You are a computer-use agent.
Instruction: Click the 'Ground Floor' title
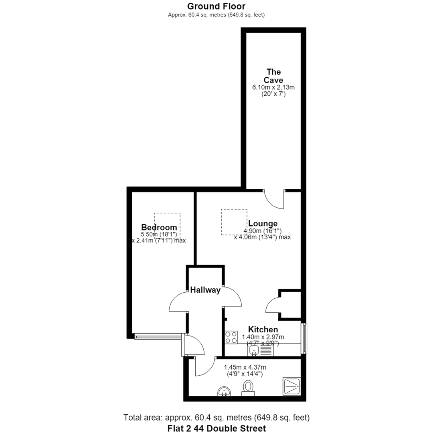216,6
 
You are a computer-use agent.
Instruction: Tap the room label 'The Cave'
273,76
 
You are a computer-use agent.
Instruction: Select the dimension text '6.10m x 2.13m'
273,87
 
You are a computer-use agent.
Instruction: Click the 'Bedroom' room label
159,227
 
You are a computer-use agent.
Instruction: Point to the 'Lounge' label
263,223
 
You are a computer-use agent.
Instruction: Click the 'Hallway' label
205,290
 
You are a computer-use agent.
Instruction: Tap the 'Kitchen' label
263,330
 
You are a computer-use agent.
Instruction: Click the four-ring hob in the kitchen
231,337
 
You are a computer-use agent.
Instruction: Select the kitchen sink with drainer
261,351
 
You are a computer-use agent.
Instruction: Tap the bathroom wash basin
224,391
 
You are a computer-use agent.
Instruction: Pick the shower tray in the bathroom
291,386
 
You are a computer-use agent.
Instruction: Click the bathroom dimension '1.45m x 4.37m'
245,367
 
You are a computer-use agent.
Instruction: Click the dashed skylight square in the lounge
234,222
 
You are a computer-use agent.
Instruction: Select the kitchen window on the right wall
304,338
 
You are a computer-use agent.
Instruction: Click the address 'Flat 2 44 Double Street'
217,428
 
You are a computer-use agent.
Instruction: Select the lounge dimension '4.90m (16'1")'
262,231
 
